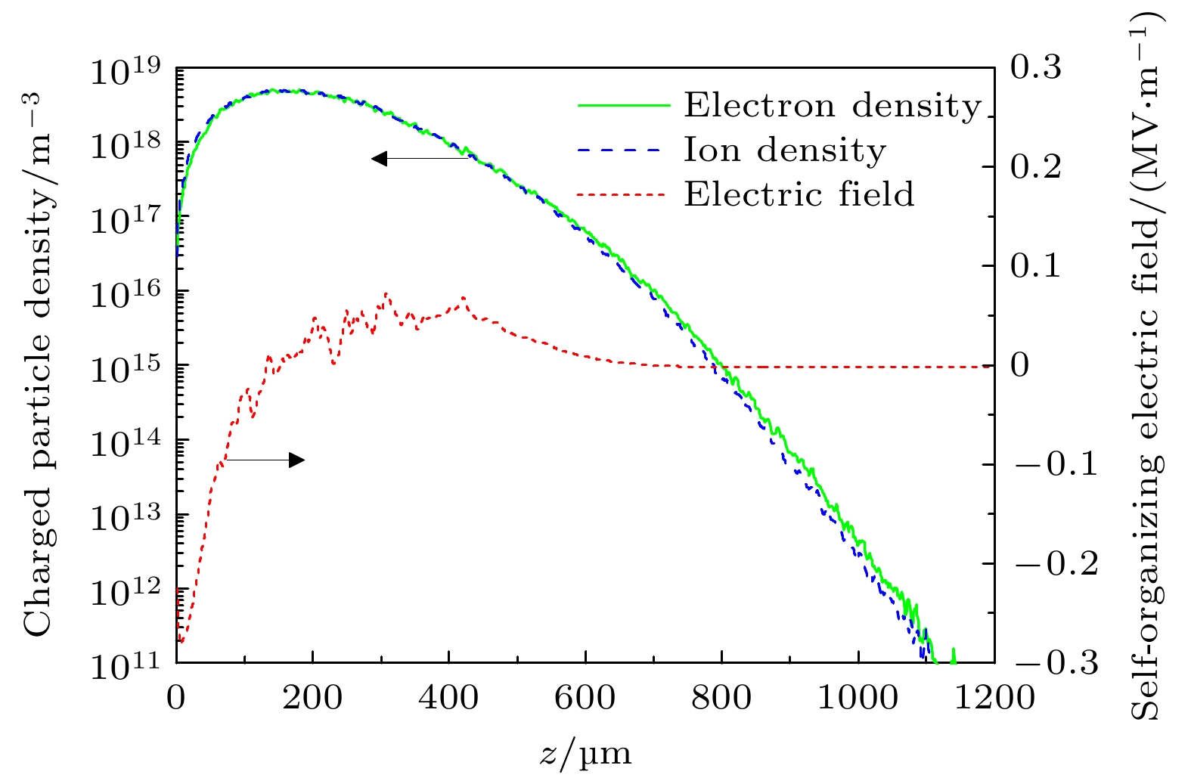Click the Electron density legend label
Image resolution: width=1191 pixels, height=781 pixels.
(833, 106)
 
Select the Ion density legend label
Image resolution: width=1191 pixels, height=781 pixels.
(785, 150)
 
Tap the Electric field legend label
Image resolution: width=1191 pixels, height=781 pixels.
(799, 194)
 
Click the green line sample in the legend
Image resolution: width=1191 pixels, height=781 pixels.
(624, 106)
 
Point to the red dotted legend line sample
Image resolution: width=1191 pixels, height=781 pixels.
(621, 195)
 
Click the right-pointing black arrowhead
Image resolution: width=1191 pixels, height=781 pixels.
(296, 460)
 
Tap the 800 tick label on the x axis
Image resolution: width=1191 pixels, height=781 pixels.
(721, 697)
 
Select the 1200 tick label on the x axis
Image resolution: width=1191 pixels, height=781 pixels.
(994, 697)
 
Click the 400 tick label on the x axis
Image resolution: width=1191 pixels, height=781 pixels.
(448, 697)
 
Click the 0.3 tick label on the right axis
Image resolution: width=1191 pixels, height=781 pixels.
(1036, 68)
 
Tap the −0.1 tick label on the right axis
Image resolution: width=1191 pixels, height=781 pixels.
(1056, 464)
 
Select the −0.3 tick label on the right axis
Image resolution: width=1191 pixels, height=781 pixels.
(1056, 663)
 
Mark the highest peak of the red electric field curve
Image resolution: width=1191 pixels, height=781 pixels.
(386, 294)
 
